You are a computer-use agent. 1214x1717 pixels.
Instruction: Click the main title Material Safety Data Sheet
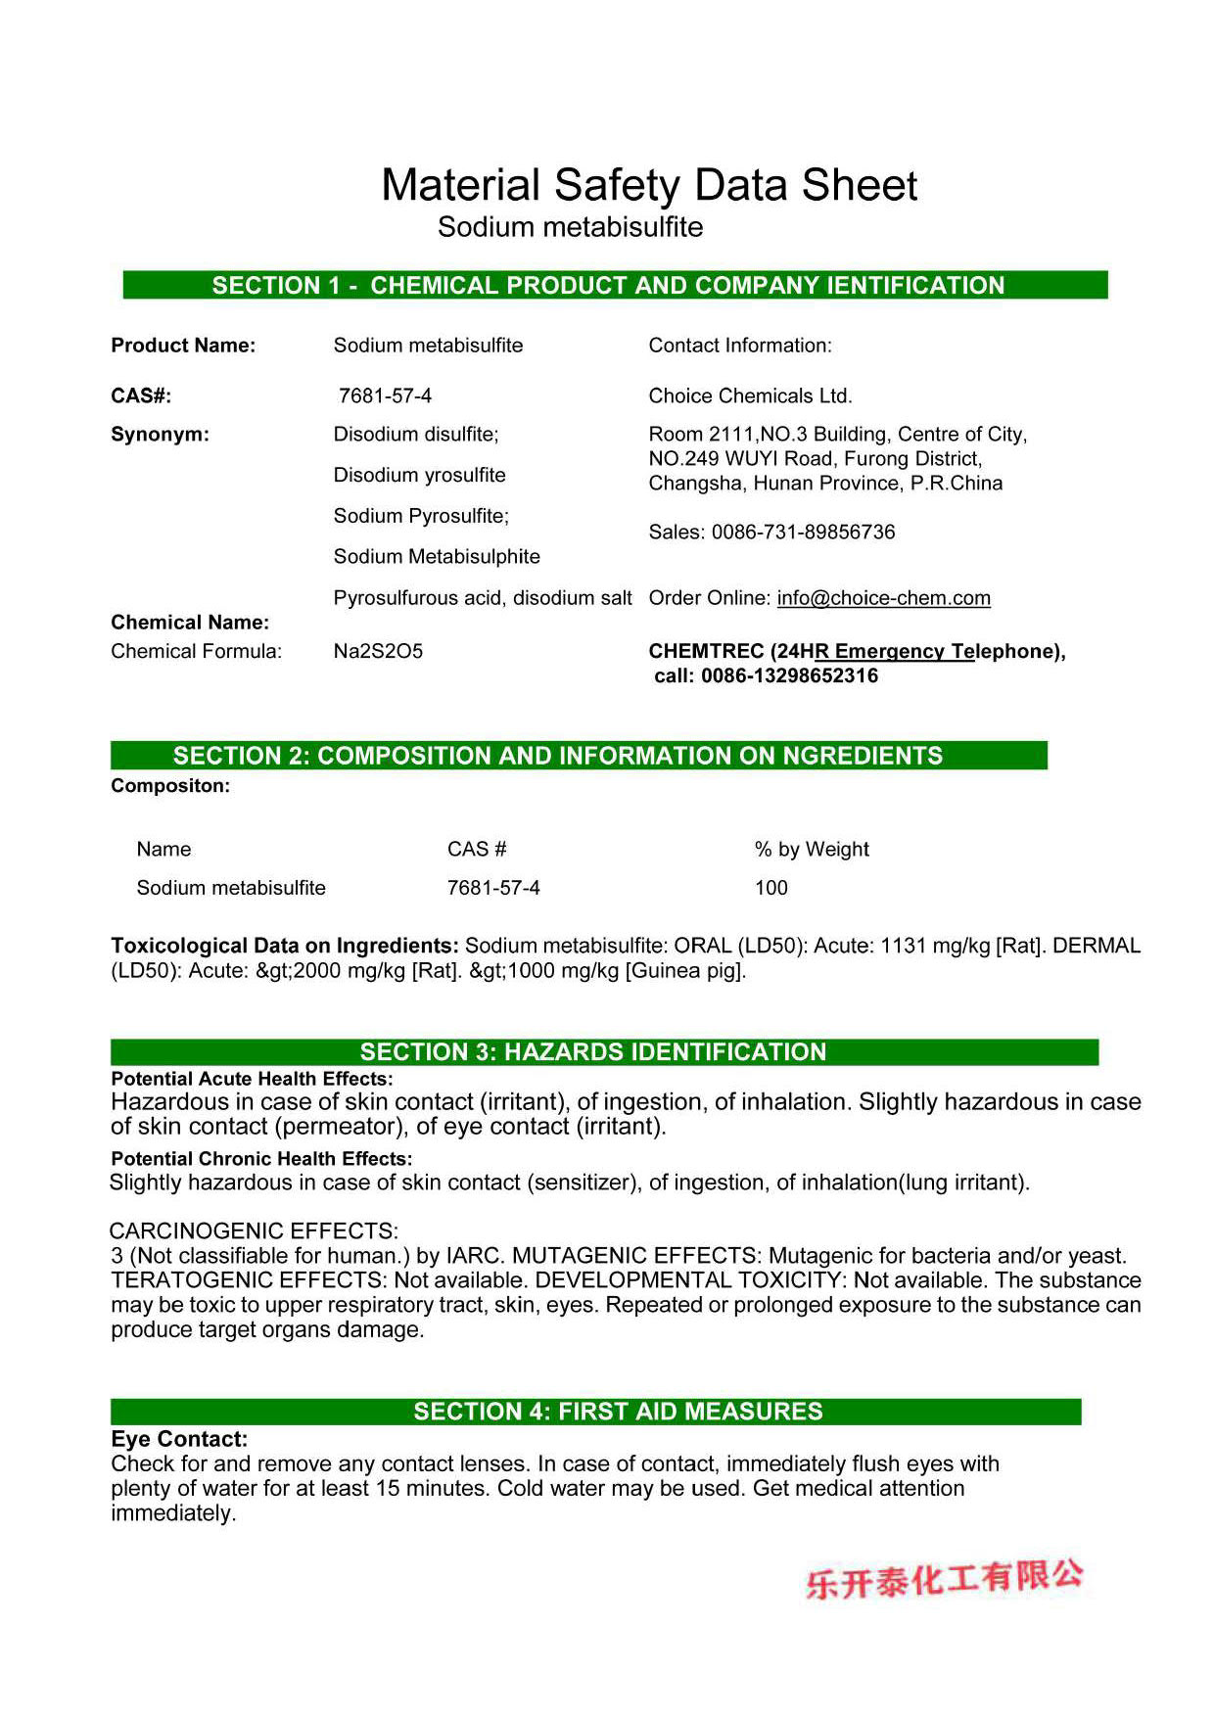(x=649, y=185)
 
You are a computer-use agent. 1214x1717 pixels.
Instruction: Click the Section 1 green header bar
(x=615, y=285)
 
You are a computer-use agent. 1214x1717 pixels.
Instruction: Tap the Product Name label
(x=183, y=346)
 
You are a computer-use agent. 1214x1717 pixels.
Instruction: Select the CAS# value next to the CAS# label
(x=385, y=396)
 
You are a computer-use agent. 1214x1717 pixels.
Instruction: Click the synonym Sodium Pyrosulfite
(x=421, y=516)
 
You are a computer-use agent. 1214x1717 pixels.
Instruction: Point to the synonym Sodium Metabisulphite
(x=437, y=557)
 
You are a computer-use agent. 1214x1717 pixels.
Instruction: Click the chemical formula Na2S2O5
(x=378, y=652)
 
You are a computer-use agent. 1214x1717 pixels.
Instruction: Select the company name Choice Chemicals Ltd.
(x=750, y=396)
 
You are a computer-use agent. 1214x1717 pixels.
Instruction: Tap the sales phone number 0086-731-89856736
(x=803, y=533)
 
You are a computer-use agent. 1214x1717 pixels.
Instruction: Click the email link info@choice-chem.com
(x=883, y=598)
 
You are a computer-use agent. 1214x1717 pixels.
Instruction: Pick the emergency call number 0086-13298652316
(x=789, y=676)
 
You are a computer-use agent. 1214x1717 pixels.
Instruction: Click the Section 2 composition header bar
(x=579, y=756)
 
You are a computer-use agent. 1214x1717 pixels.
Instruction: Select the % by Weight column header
(x=812, y=850)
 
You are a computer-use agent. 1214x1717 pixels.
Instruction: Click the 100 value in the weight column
(x=771, y=888)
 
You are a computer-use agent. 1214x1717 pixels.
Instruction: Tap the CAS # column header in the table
(x=477, y=850)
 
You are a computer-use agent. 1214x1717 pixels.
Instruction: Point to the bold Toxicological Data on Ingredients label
(x=284, y=946)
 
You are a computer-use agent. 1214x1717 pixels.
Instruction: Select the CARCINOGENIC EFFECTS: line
(x=254, y=1231)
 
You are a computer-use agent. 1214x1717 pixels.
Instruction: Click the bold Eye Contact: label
(x=179, y=1439)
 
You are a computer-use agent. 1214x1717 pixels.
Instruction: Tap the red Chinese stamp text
(x=945, y=1578)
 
